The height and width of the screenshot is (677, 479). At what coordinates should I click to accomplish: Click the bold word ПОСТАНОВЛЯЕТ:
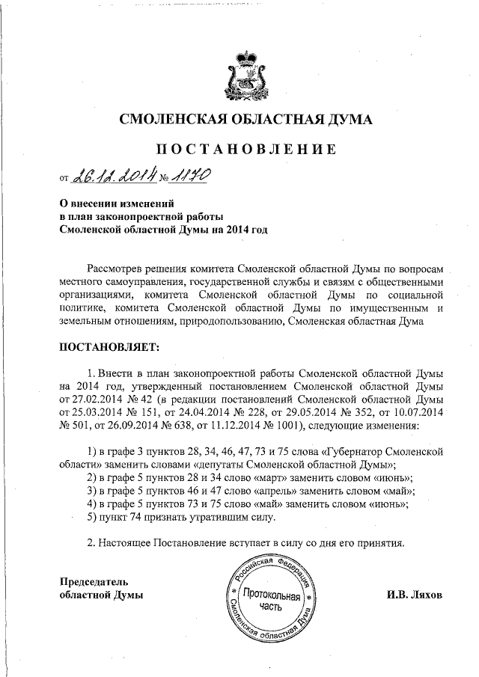109,347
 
